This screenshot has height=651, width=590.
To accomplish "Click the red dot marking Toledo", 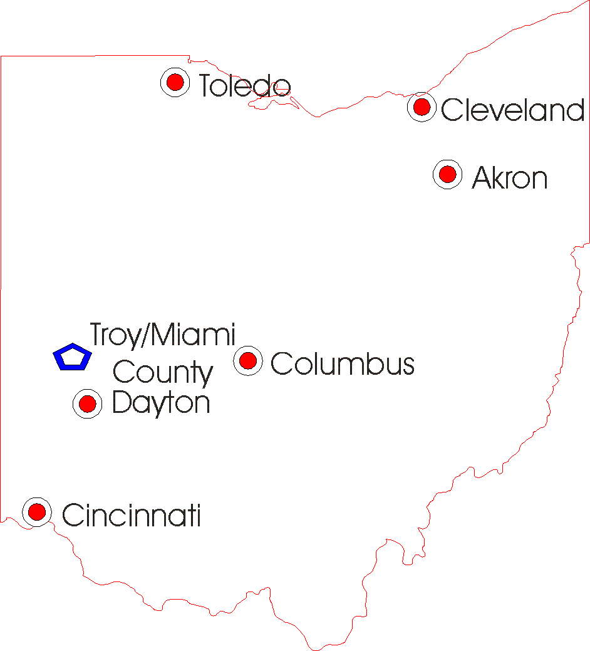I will click(x=175, y=82).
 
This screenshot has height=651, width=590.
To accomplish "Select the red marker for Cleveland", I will click(x=422, y=107).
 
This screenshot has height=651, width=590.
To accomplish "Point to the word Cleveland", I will click(x=512, y=111).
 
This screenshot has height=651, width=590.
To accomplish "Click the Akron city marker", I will click(x=447, y=174).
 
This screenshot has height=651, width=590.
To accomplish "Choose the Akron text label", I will click(x=510, y=179).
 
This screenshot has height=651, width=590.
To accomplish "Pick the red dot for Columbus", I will click(x=247, y=360).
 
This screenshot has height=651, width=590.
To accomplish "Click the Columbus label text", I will click(x=343, y=364).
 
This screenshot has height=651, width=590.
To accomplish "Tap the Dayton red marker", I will click(x=87, y=404).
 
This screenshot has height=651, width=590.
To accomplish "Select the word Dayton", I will click(x=160, y=403).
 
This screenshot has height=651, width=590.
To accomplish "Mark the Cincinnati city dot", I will click(x=37, y=512).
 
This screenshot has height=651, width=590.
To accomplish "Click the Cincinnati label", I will click(x=132, y=516).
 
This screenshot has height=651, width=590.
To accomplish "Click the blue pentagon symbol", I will click(x=73, y=358).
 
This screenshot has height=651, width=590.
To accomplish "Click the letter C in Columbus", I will click(x=281, y=364).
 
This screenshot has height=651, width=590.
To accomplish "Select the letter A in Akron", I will click(x=482, y=179).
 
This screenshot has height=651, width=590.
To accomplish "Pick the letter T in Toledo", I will click(x=207, y=86).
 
